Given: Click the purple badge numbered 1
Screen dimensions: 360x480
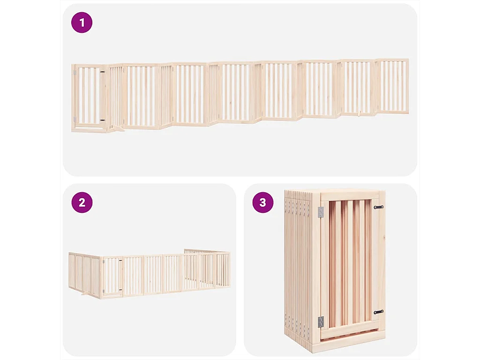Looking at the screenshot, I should tap(82, 22).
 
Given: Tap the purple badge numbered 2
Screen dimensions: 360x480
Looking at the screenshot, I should tap(82, 202).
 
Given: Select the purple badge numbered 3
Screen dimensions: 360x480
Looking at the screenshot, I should tap(262, 202).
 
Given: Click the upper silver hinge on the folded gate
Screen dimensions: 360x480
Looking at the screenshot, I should tap(321, 212).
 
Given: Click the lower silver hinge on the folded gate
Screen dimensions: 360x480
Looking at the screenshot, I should tap(321, 322).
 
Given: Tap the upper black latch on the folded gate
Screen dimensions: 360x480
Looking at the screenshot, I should tap(378, 207).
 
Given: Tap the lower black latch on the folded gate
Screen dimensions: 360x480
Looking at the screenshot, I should tap(378, 312).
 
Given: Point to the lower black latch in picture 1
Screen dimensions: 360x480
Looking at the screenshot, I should tap(103, 120).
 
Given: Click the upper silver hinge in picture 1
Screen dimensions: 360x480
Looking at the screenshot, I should tap(74, 73).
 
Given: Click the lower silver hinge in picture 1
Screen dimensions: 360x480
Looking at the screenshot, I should tap(74, 120).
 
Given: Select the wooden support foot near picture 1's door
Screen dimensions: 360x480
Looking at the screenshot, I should tap(118, 128).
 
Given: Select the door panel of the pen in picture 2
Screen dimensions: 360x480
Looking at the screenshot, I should tap(112, 277).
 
